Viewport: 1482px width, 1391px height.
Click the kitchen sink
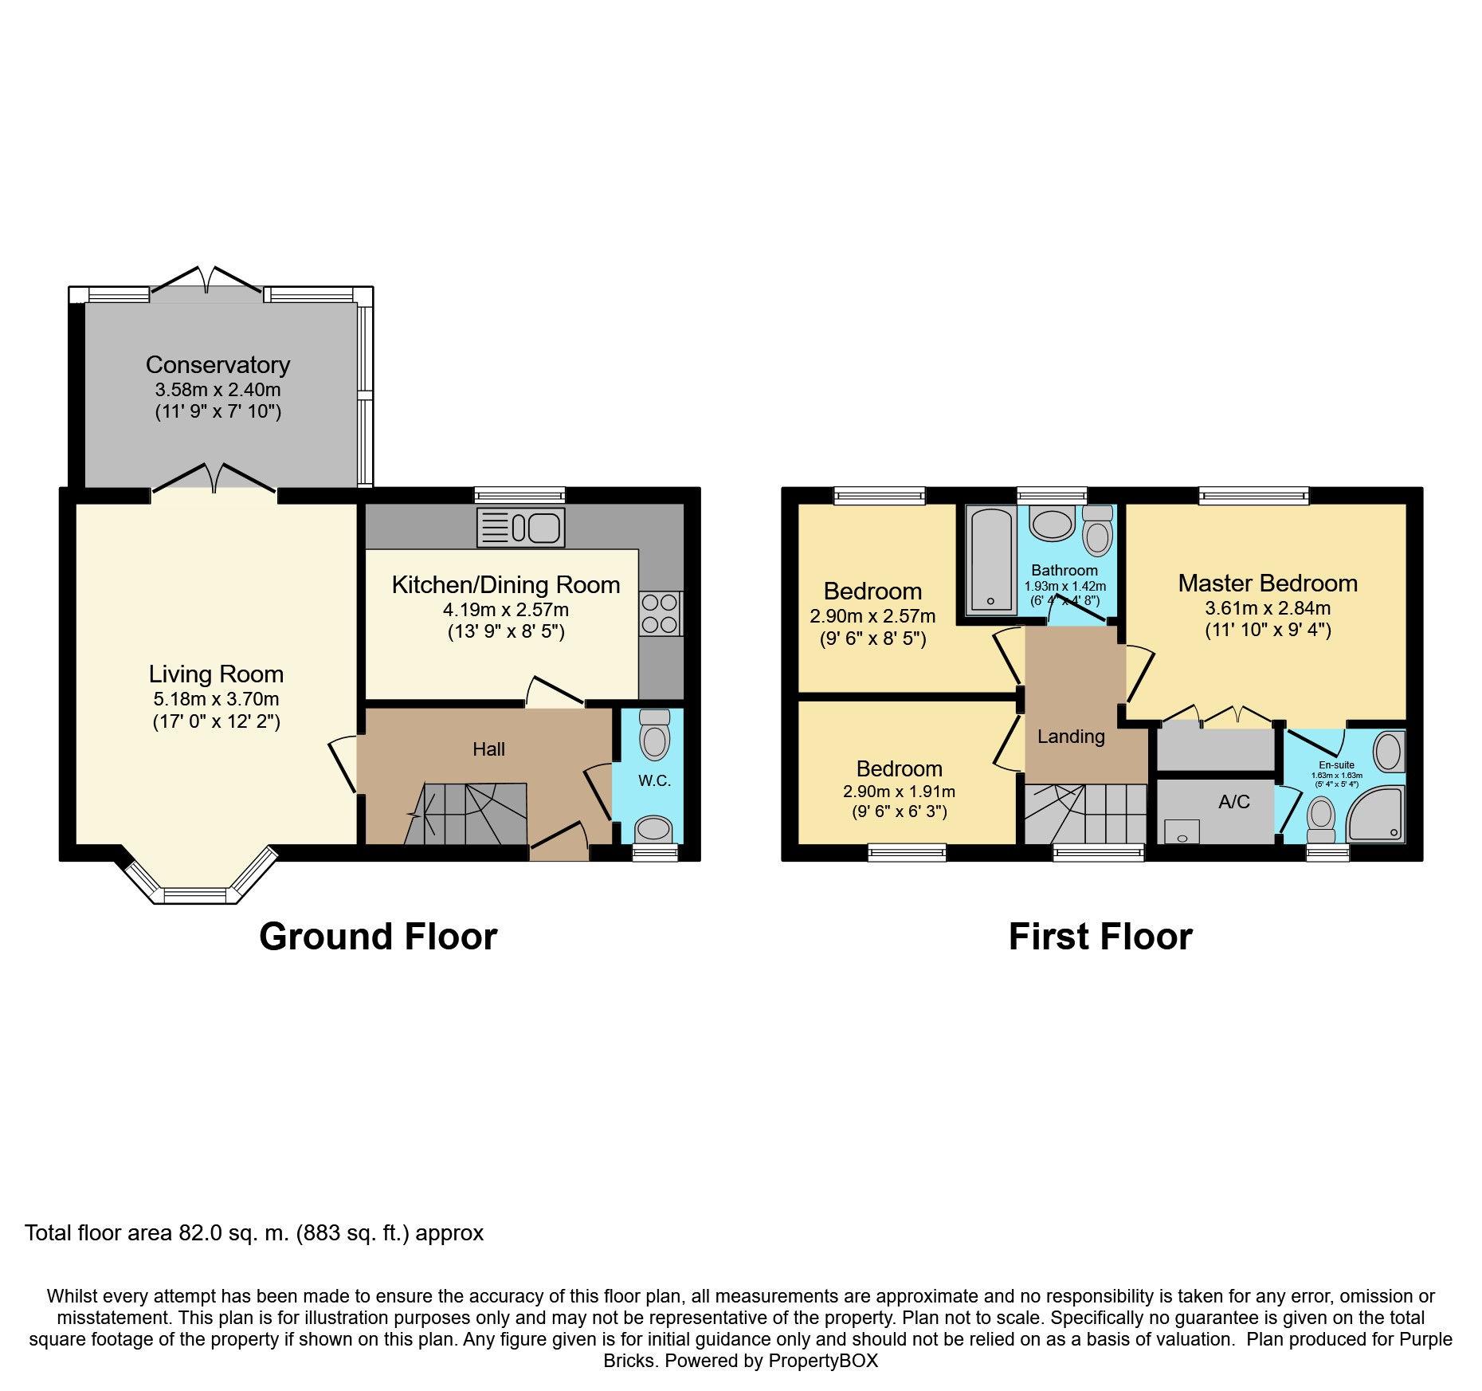coord(521,528)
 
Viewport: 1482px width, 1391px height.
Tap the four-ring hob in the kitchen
coord(661,613)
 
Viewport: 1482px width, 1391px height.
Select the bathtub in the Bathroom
coord(990,561)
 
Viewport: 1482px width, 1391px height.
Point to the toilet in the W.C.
coord(655,733)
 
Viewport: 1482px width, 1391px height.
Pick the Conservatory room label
coord(218,364)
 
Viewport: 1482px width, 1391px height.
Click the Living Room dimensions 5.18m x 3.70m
coord(216,699)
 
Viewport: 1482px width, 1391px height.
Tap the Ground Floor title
coord(378,936)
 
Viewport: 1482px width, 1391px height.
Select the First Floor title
coord(1100,936)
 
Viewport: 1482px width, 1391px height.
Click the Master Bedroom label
coord(1268,583)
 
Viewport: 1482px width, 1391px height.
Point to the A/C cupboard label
coord(1234,802)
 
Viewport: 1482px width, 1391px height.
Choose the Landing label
coord(1071,737)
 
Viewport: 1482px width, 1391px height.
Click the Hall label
coord(488,749)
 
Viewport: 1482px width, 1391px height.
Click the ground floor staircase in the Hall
coord(467,814)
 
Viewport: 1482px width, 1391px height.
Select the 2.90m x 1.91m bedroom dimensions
coord(899,792)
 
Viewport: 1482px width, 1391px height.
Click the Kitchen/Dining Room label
coord(506,584)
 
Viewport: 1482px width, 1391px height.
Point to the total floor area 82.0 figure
coord(198,1233)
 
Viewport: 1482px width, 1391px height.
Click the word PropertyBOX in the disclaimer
coord(823,1361)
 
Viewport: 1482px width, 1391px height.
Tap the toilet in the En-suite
coord(1321,820)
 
